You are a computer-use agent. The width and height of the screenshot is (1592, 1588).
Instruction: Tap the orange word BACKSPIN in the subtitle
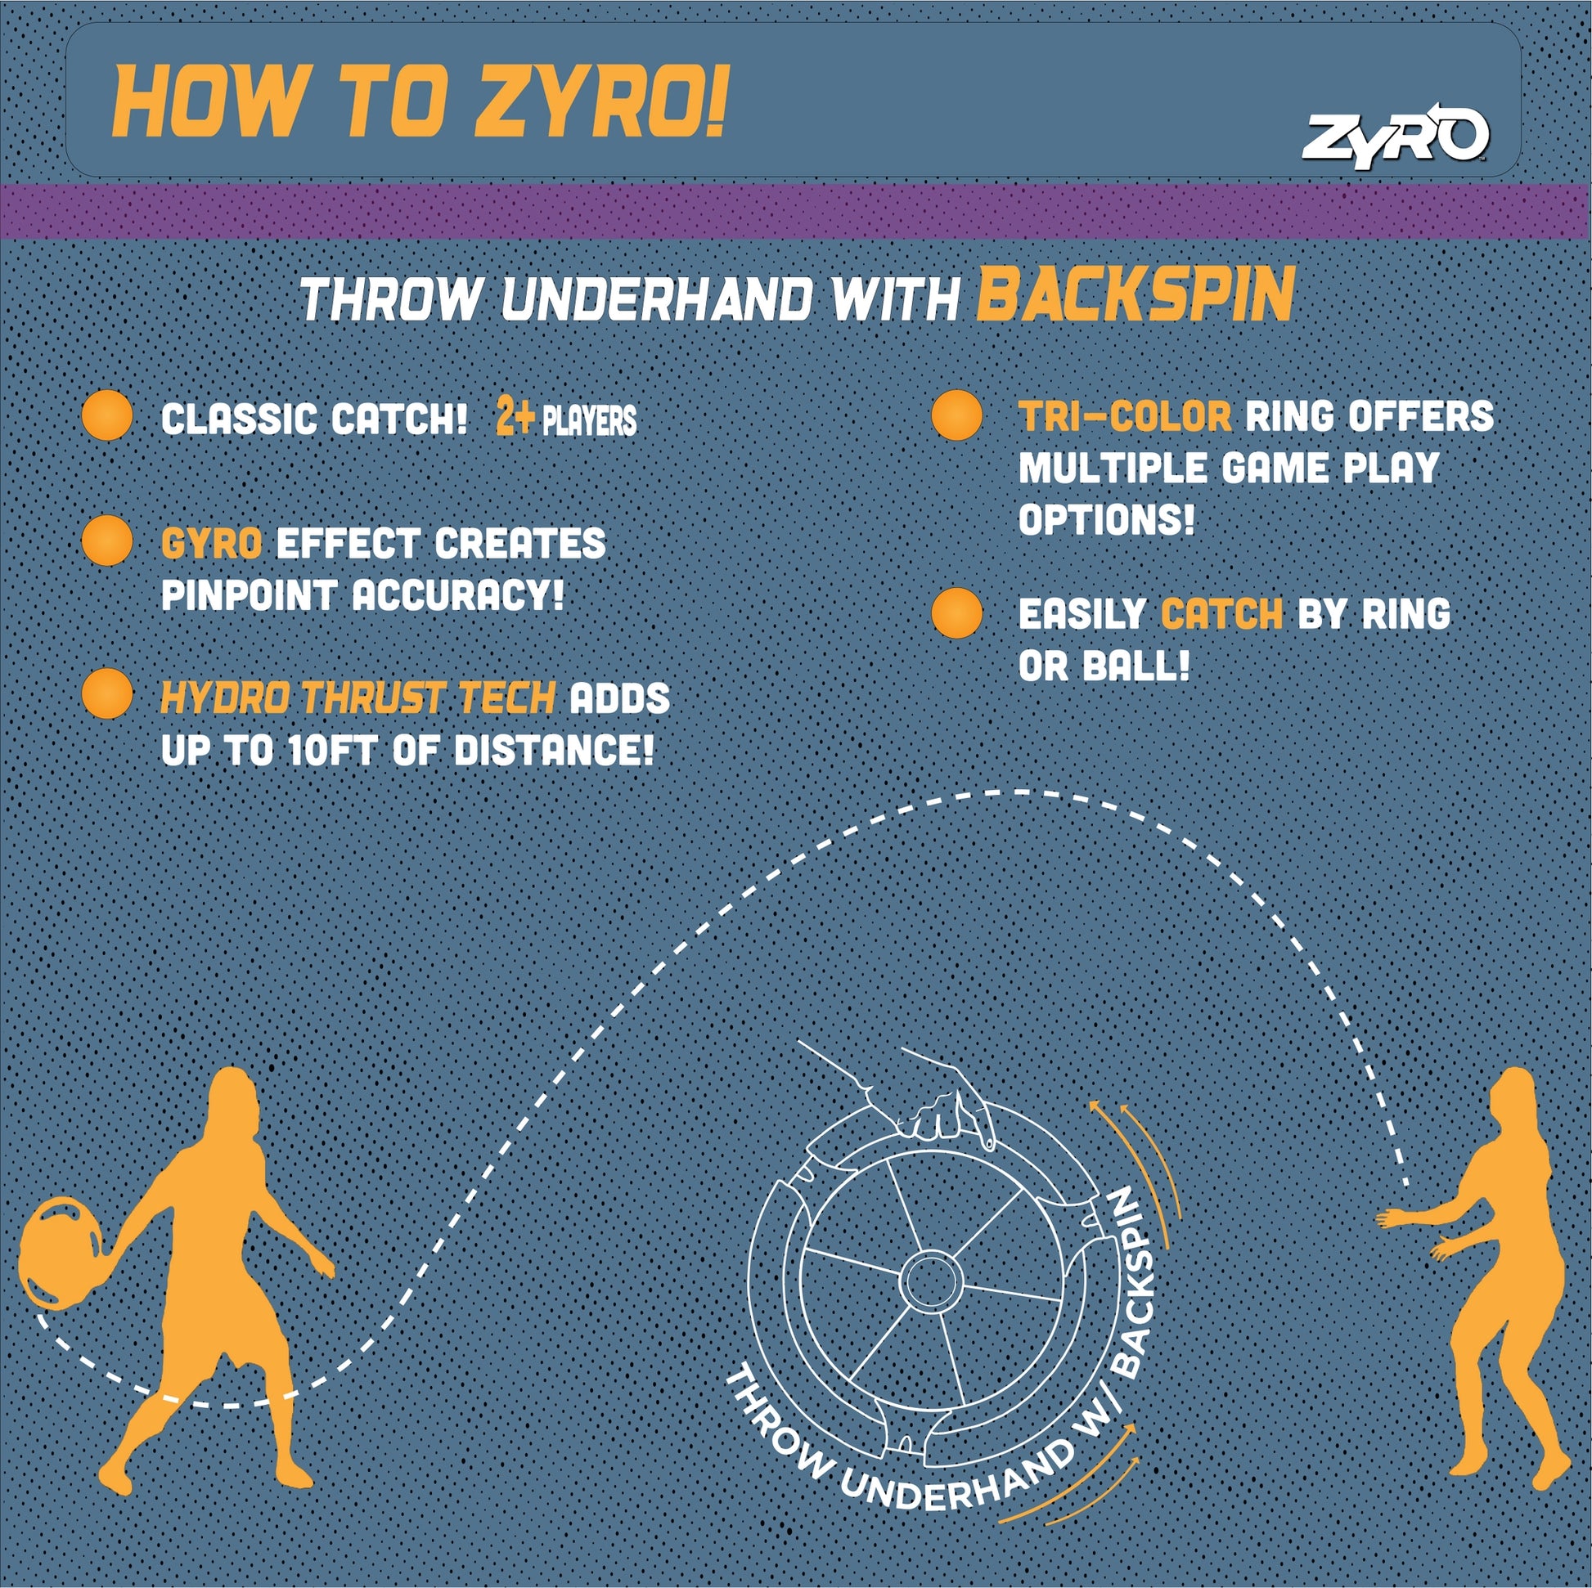pyautogui.click(x=1136, y=296)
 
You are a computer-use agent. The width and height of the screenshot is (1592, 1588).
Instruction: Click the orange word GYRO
pyautogui.click(x=212, y=544)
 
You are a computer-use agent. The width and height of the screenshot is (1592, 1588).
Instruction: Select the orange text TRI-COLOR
pyautogui.click(x=1126, y=417)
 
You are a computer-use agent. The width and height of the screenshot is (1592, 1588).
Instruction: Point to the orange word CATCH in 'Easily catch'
pyautogui.click(x=1222, y=614)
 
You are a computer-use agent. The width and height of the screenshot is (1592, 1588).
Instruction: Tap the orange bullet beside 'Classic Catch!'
pyautogui.click(x=108, y=416)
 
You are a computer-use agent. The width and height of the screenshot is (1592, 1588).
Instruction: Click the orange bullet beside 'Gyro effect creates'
pyautogui.click(x=108, y=541)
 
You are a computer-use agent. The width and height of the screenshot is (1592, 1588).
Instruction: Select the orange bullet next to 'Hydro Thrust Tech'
pyautogui.click(x=108, y=693)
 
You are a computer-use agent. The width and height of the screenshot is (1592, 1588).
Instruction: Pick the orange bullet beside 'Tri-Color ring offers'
pyautogui.click(x=956, y=415)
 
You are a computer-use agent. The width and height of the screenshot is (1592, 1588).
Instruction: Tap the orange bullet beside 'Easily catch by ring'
pyautogui.click(x=956, y=612)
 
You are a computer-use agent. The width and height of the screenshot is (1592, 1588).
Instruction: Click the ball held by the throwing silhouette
pyautogui.click(x=61, y=1254)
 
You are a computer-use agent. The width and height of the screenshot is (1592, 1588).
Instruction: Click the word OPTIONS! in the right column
pyautogui.click(x=1106, y=521)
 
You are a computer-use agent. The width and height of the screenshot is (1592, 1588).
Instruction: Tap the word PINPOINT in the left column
pyautogui.click(x=249, y=595)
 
